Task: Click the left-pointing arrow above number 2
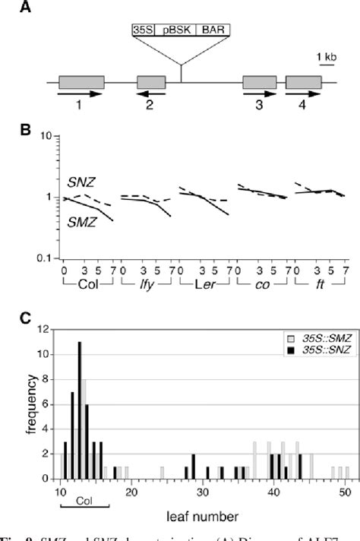[x=151, y=94]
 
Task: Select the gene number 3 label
[x=259, y=106]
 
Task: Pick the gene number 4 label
[x=303, y=106]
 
